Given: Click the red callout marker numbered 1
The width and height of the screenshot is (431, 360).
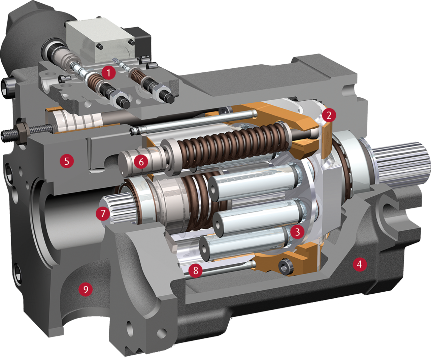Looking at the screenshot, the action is coord(108,72).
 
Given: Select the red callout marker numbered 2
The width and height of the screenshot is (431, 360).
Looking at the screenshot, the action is coord(329,115).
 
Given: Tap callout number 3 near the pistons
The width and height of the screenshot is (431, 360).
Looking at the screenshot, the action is coord(297,232).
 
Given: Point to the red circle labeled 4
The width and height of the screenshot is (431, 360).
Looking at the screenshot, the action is coord(360,264).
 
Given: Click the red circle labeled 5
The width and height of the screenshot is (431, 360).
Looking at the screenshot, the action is coord(67,161).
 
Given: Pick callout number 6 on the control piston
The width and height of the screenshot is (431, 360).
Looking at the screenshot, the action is coord(141,162).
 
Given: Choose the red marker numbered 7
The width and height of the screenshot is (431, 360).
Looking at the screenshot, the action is coord(103,213).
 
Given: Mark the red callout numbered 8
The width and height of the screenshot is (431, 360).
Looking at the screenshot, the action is coord(196,270).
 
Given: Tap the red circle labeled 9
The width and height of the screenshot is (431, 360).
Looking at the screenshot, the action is coord(86,289).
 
